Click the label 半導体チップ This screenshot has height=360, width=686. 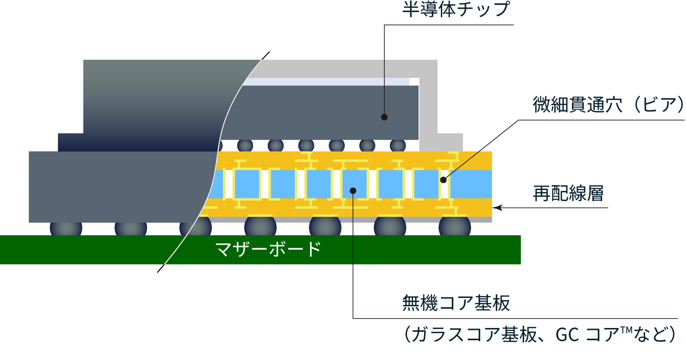pyautogui.click(x=456, y=10)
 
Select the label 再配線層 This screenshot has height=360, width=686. pyautogui.click(x=568, y=193)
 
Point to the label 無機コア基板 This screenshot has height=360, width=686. pyautogui.click(x=456, y=303)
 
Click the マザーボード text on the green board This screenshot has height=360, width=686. pyautogui.click(x=268, y=249)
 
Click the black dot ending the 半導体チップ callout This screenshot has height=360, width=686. pyautogui.click(x=384, y=117)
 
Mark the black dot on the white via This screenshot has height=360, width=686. pyautogui.click(x=443, y=180)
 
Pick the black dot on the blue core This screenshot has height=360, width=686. pyautogui.click(x=353, y=190)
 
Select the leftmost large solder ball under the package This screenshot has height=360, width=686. pyautogui.click(x=66, y=228)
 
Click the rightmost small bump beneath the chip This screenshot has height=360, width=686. pyautogui.click(x=398, y=145)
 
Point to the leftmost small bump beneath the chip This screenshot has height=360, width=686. pyautogui.click(x=245, y=145)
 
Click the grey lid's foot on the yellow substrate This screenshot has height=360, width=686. pyautogui.click(x=441, y=142)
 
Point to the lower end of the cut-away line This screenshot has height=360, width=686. pyautogui.click(x=158, y=272)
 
